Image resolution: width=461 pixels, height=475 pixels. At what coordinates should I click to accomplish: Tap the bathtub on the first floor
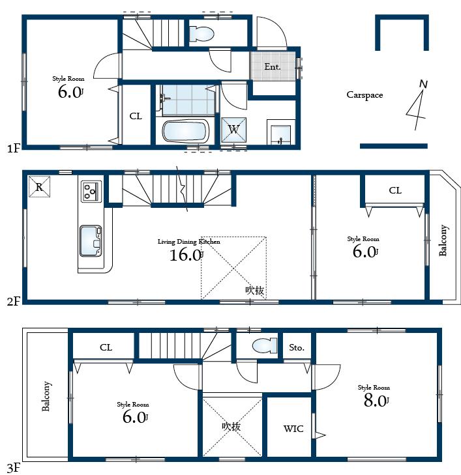[185, 132]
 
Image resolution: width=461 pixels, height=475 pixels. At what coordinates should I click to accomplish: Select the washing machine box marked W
[233, 129]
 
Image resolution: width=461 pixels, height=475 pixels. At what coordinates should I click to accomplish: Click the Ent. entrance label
[272, 66]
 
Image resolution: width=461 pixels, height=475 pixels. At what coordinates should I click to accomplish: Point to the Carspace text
[364, 95]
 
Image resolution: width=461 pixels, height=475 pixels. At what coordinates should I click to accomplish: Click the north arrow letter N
[423, 84]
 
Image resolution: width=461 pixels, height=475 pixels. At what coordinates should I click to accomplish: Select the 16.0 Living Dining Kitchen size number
[185, 255]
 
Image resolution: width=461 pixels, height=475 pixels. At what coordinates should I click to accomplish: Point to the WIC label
[293, 429]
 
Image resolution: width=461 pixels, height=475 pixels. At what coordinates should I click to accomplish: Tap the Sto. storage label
[297, 348]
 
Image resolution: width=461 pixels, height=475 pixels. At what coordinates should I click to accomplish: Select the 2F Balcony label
[444, 240]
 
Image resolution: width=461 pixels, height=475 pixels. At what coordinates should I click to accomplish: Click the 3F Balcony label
[46, 396]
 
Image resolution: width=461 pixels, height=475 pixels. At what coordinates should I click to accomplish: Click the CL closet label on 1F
[136, 117]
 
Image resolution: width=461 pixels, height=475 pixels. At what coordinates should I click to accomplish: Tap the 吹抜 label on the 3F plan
[231, 426]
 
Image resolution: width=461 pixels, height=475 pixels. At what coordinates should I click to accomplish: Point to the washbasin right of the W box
[281, 134]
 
